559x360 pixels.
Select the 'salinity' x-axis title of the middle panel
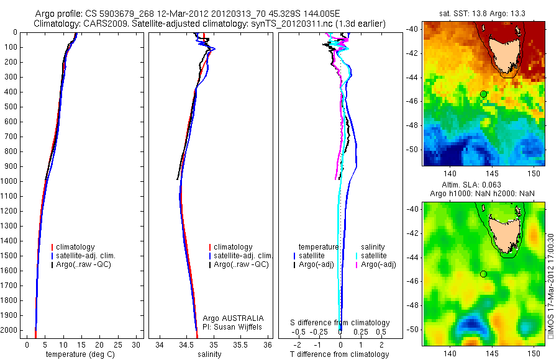209,354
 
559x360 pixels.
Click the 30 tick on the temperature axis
136,344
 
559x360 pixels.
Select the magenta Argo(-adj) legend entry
379,265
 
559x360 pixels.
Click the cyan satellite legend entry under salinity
376,256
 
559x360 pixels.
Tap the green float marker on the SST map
483,94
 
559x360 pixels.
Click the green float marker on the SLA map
483,274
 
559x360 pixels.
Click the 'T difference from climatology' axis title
340,354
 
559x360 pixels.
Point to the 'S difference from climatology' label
340,323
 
